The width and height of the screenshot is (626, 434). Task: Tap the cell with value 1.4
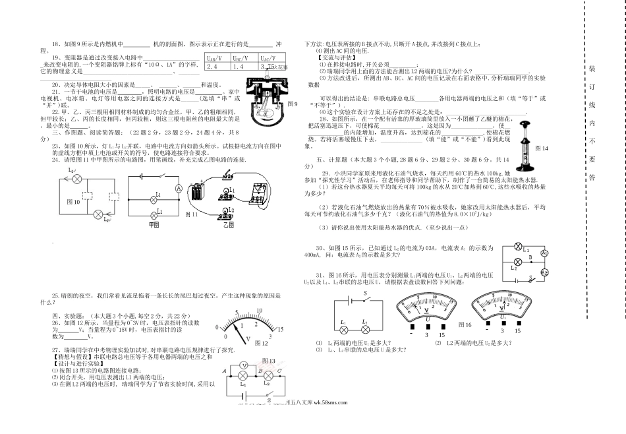click(x=238, y=67)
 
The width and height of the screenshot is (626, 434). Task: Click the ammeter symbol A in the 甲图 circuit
click(x=177, y=188)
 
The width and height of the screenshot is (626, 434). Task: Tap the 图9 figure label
click(x=294, y=104)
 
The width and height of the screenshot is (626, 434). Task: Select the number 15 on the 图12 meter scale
click(x=280, y=328)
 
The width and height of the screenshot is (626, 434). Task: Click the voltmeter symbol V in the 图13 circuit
click(x=242, y=365)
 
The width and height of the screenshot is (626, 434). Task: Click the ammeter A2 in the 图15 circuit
click(x=544, y=272)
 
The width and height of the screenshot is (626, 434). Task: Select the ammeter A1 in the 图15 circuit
click(x=544, y=253)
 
